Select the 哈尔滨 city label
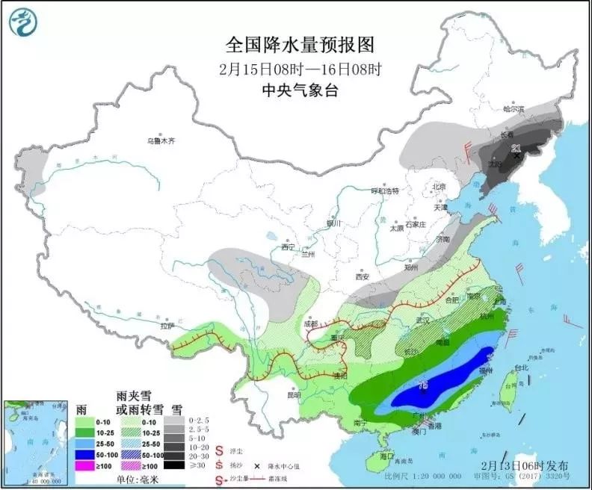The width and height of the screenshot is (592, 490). [x=514, y=110]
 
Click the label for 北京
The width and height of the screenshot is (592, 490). [x=439, y=187]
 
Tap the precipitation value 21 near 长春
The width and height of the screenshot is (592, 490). [x=516, y=149]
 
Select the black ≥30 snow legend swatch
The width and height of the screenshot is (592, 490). [x=175, y=464]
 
